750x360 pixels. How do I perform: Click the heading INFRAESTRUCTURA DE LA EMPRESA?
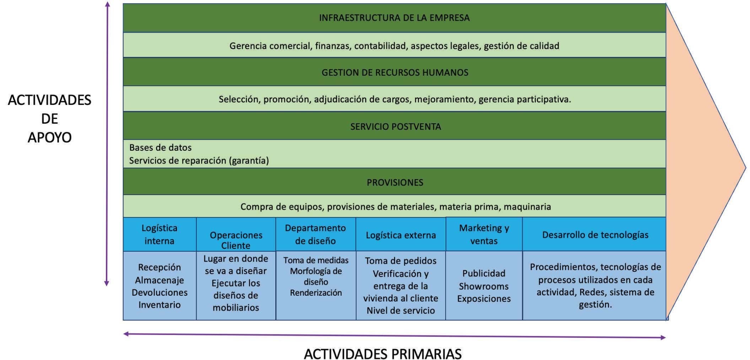pos(394,18)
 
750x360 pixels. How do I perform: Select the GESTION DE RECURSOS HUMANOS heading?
pos(395,72)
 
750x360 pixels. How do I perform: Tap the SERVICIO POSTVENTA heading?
pos(395,127)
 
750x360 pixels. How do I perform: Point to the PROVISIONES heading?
pos(395,182)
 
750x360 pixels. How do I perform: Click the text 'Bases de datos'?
pos(160,147)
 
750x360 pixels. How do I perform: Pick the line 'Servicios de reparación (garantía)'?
pos(199,161)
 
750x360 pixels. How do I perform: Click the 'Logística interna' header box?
pos(160,234)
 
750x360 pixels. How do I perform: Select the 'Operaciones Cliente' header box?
pos(236,240)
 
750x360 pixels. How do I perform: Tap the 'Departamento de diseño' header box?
pos(315,234)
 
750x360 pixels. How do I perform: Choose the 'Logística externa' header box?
pos(401,235)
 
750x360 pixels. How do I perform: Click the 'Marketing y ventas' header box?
pos(484,234)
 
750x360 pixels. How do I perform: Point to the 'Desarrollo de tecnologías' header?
pos(595,235)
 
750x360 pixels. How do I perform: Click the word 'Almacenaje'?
pos(160,280)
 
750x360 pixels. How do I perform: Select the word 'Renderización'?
pos(316,293)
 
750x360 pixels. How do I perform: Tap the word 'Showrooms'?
pos(484,286)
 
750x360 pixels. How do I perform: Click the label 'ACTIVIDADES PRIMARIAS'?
pos(383,354)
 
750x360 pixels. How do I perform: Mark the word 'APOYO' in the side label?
pos(50,137)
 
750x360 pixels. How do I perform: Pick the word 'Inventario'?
pos(160,305)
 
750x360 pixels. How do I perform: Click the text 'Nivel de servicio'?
pos(401,310)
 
